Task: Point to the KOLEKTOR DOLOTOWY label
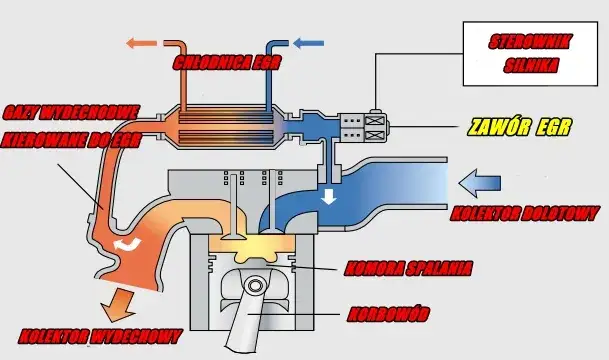(x=525, y=213)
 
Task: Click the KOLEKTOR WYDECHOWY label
(x=100, y=334)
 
